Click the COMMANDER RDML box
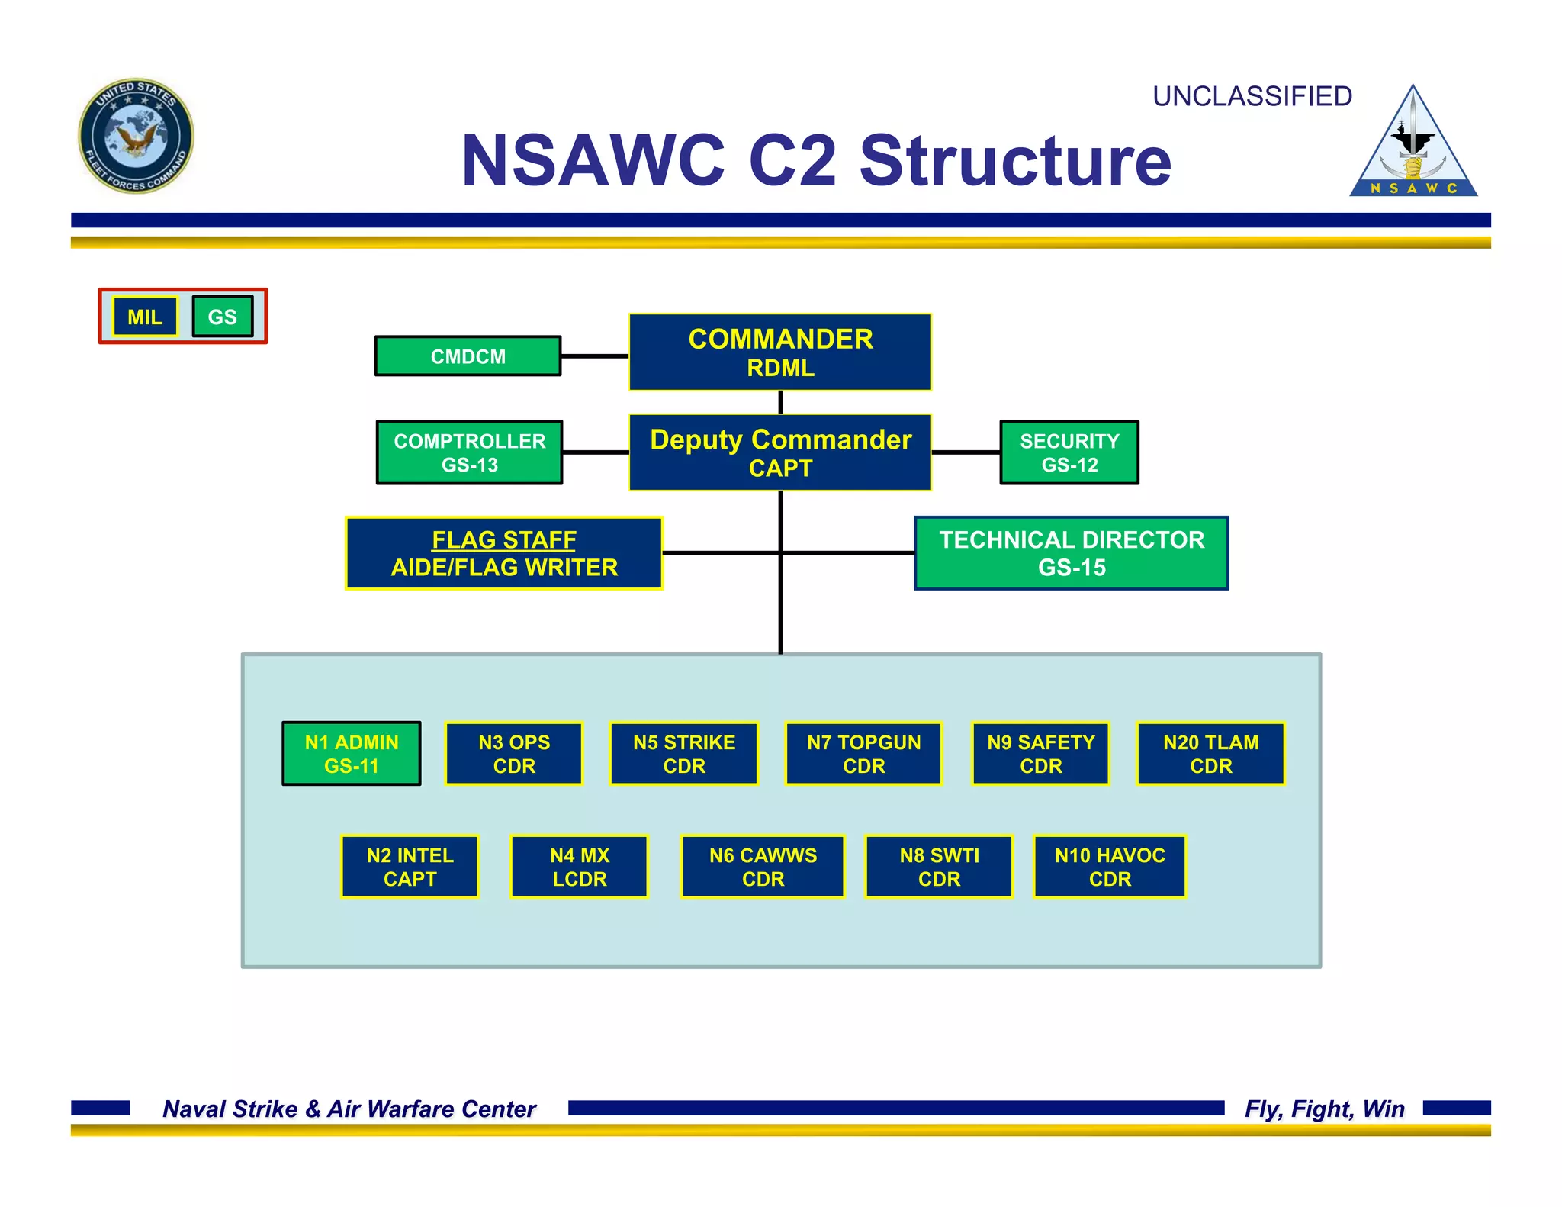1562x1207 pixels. (780, 352)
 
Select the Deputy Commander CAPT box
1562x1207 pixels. (780, 452)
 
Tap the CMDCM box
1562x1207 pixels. (468, 356)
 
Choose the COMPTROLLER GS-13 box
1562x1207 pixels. (469, 452)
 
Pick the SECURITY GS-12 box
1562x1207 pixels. (1069, 452)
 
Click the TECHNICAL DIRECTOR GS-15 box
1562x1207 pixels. (1071, 553)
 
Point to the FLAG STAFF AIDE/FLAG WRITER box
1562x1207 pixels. (504, 553)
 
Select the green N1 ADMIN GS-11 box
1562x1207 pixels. (351, 754)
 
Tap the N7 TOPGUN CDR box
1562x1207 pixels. (863, 754)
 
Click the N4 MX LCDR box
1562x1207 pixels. (579, 867)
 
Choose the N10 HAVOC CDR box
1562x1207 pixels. (1110, 867)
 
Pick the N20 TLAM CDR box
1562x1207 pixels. (1210, 754)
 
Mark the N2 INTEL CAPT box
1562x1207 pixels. (410, 867)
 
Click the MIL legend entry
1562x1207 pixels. (145, 317)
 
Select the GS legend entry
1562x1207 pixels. (222, 317)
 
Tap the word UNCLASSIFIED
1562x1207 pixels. (1252, 97)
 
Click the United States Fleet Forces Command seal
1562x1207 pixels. (137, 136)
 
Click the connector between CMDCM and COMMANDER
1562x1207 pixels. (595, 356)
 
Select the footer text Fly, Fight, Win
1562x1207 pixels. (1324, 1109)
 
